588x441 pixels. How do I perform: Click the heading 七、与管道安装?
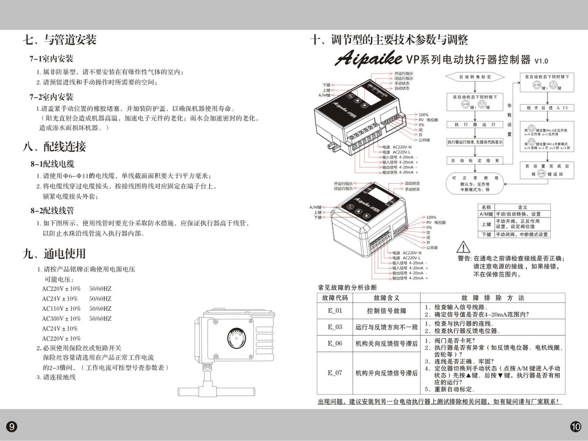click(60, 39)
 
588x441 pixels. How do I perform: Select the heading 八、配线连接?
click(55, 146)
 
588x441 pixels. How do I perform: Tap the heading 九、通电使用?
click(55, 253)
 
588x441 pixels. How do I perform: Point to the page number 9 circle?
click(11, 426)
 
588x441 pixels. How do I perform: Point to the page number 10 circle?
click(576, 426)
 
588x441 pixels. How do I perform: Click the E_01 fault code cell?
click(335, 310)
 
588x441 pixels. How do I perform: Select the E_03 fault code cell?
click(335, 327)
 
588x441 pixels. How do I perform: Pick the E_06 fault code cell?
click(335, 344)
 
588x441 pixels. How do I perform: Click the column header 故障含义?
click(386, 298)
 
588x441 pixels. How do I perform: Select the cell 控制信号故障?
click(386, 310)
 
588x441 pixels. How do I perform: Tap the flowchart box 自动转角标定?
click(475, 77)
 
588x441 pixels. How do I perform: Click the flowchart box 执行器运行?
click(475, 125)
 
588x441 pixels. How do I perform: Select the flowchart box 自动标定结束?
click(475, 160)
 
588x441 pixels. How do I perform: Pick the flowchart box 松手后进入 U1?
click(547, 108)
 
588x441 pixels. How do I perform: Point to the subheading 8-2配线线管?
click(52, 210)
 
